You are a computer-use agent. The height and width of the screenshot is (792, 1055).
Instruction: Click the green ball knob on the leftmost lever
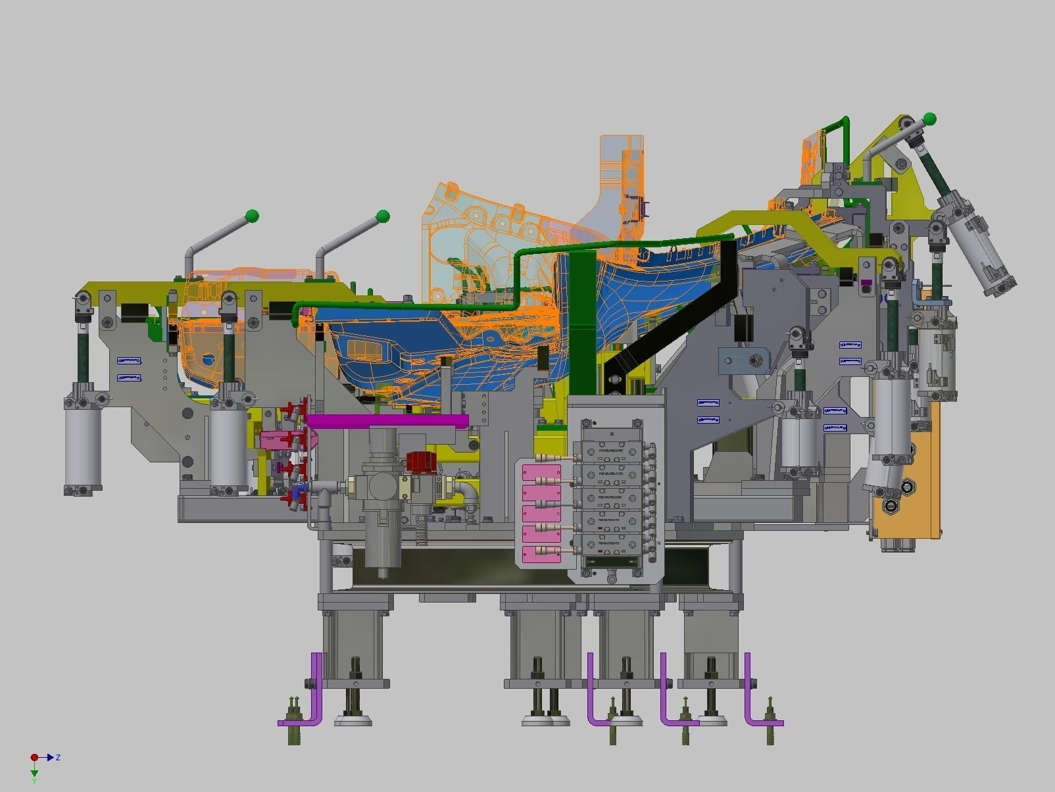[251, 215]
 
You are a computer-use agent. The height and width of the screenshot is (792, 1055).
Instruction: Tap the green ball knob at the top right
[929, 119]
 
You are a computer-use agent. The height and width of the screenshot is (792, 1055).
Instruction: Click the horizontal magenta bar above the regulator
[388, 420]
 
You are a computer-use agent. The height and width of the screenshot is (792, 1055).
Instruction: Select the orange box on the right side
[908, 487]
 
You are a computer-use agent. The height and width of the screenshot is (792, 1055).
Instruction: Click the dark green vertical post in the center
[581, 322]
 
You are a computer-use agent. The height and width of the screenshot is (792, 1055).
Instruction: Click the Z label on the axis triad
[58, 758]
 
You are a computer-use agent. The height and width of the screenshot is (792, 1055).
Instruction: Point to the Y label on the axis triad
[34, 780]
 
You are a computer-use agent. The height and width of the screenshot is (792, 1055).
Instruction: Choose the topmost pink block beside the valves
[541, 473]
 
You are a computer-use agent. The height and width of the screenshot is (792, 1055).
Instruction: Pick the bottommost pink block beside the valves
[541, 555]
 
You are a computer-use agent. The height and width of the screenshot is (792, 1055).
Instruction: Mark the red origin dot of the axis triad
[34, 758]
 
